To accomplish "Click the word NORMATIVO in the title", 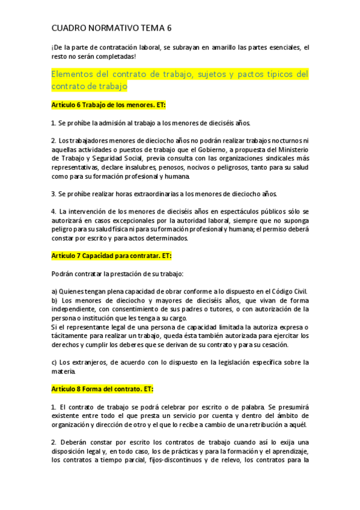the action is point(112,28).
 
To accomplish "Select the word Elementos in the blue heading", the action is point(75,74).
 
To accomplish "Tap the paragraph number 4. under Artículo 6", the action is point(54,212).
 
